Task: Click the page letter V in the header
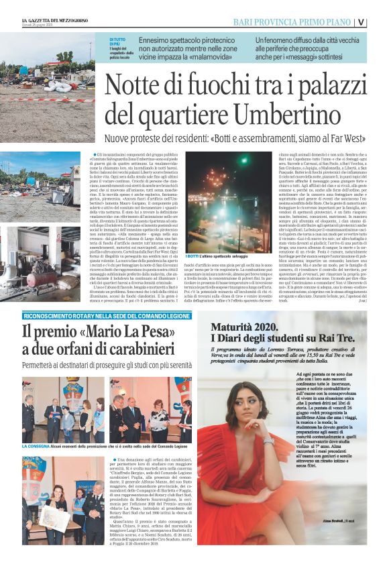coord(380,21)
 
